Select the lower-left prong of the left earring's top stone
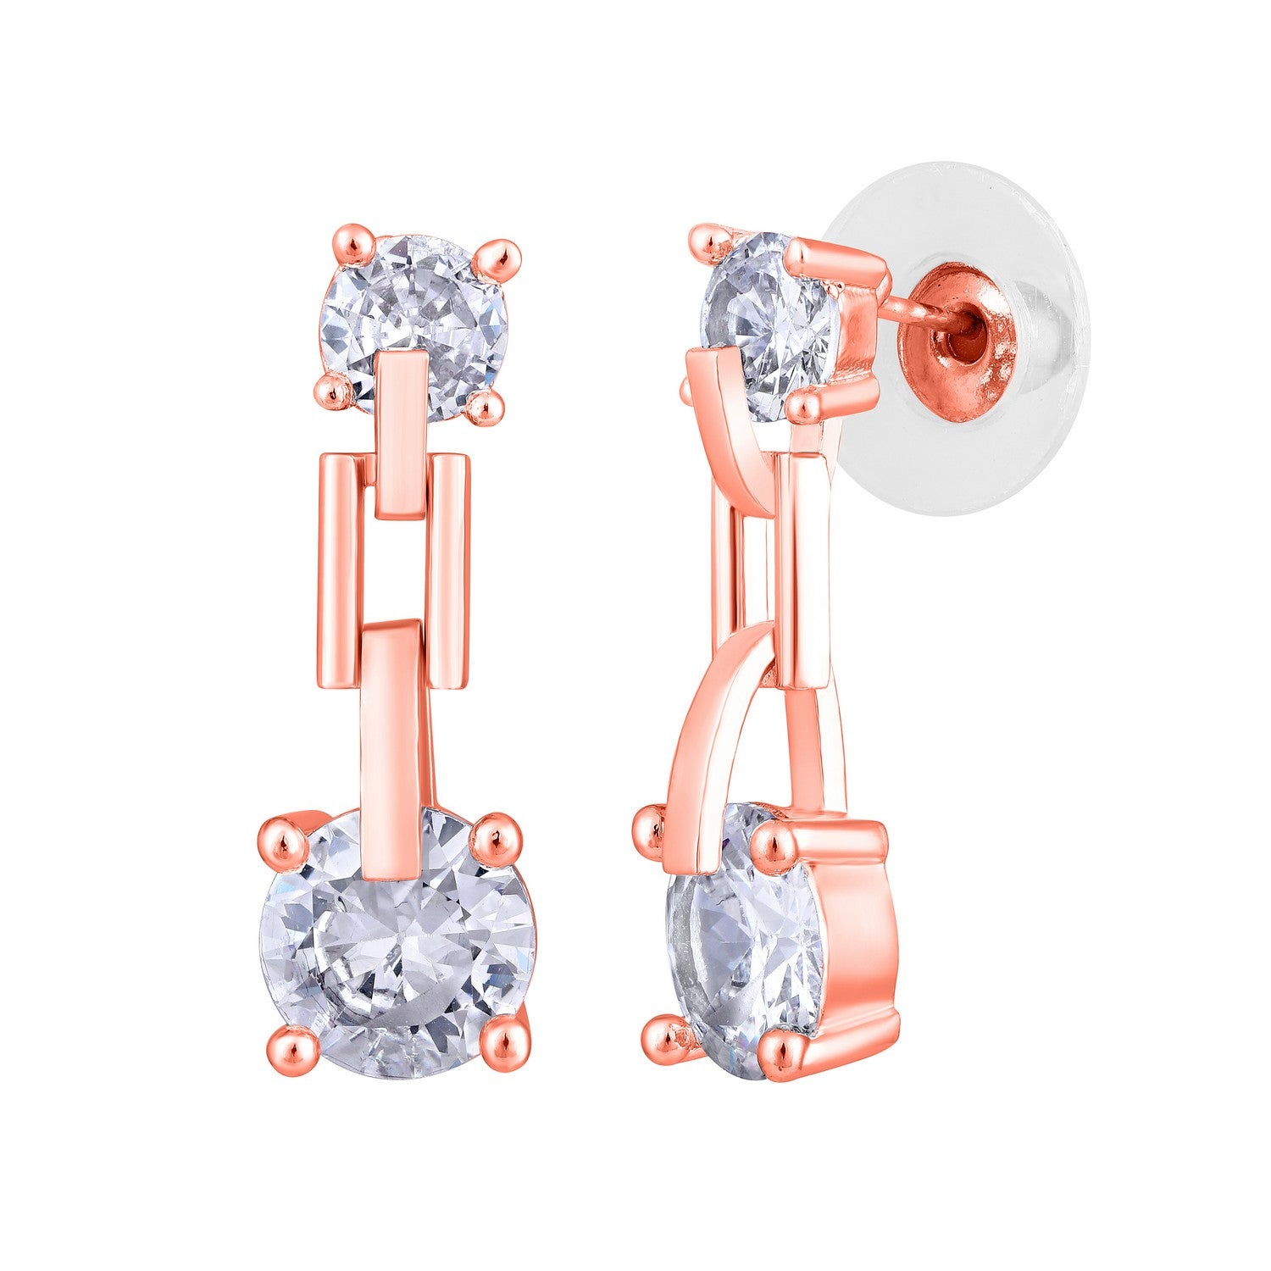[x=336, y=391]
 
